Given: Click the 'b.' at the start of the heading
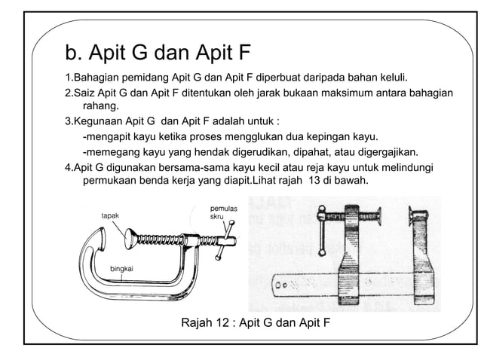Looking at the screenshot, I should pos(74,53).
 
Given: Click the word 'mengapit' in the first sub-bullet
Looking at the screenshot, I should pos(111,136).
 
